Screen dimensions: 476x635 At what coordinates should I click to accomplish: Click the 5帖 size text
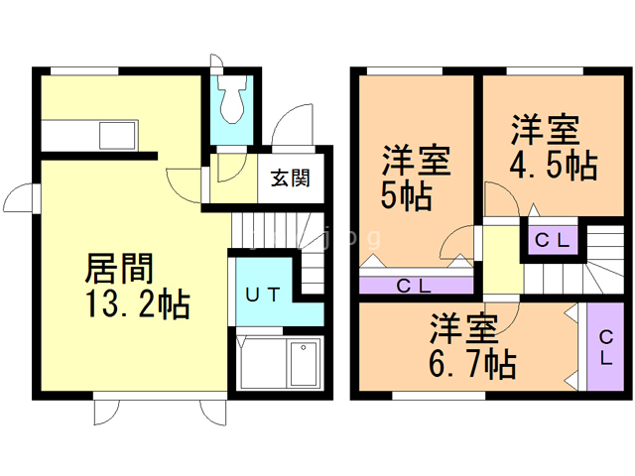(406, 195)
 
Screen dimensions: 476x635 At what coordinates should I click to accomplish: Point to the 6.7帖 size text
(472, 365)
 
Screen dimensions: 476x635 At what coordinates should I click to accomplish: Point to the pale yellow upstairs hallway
(501, 260)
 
